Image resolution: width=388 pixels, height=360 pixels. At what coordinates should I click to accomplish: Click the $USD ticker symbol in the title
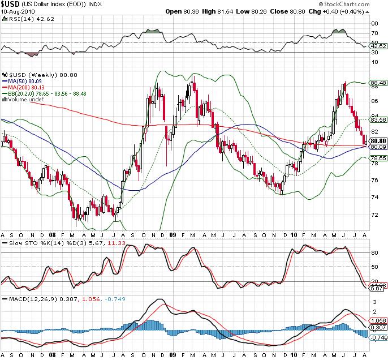tap(11, 4)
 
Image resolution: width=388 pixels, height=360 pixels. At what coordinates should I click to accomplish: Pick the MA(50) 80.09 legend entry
tap(23, 82)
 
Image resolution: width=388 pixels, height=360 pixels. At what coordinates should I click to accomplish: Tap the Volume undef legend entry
tap(23, 100)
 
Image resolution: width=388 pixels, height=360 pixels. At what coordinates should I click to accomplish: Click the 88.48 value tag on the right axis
tap(377, 83)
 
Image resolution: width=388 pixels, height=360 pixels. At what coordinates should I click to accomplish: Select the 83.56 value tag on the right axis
tap(377, 120)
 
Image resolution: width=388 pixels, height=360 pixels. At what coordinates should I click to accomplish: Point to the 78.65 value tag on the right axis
tap(377, 159)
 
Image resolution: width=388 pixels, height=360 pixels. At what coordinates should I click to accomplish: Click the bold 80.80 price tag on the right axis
tap(377, 140)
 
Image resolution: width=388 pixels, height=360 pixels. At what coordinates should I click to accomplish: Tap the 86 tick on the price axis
tap(374, 101)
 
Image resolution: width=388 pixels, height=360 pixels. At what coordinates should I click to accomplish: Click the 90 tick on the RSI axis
tap(374, 24)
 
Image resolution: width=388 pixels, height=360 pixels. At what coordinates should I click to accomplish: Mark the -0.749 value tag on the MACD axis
tap(377, 337)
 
